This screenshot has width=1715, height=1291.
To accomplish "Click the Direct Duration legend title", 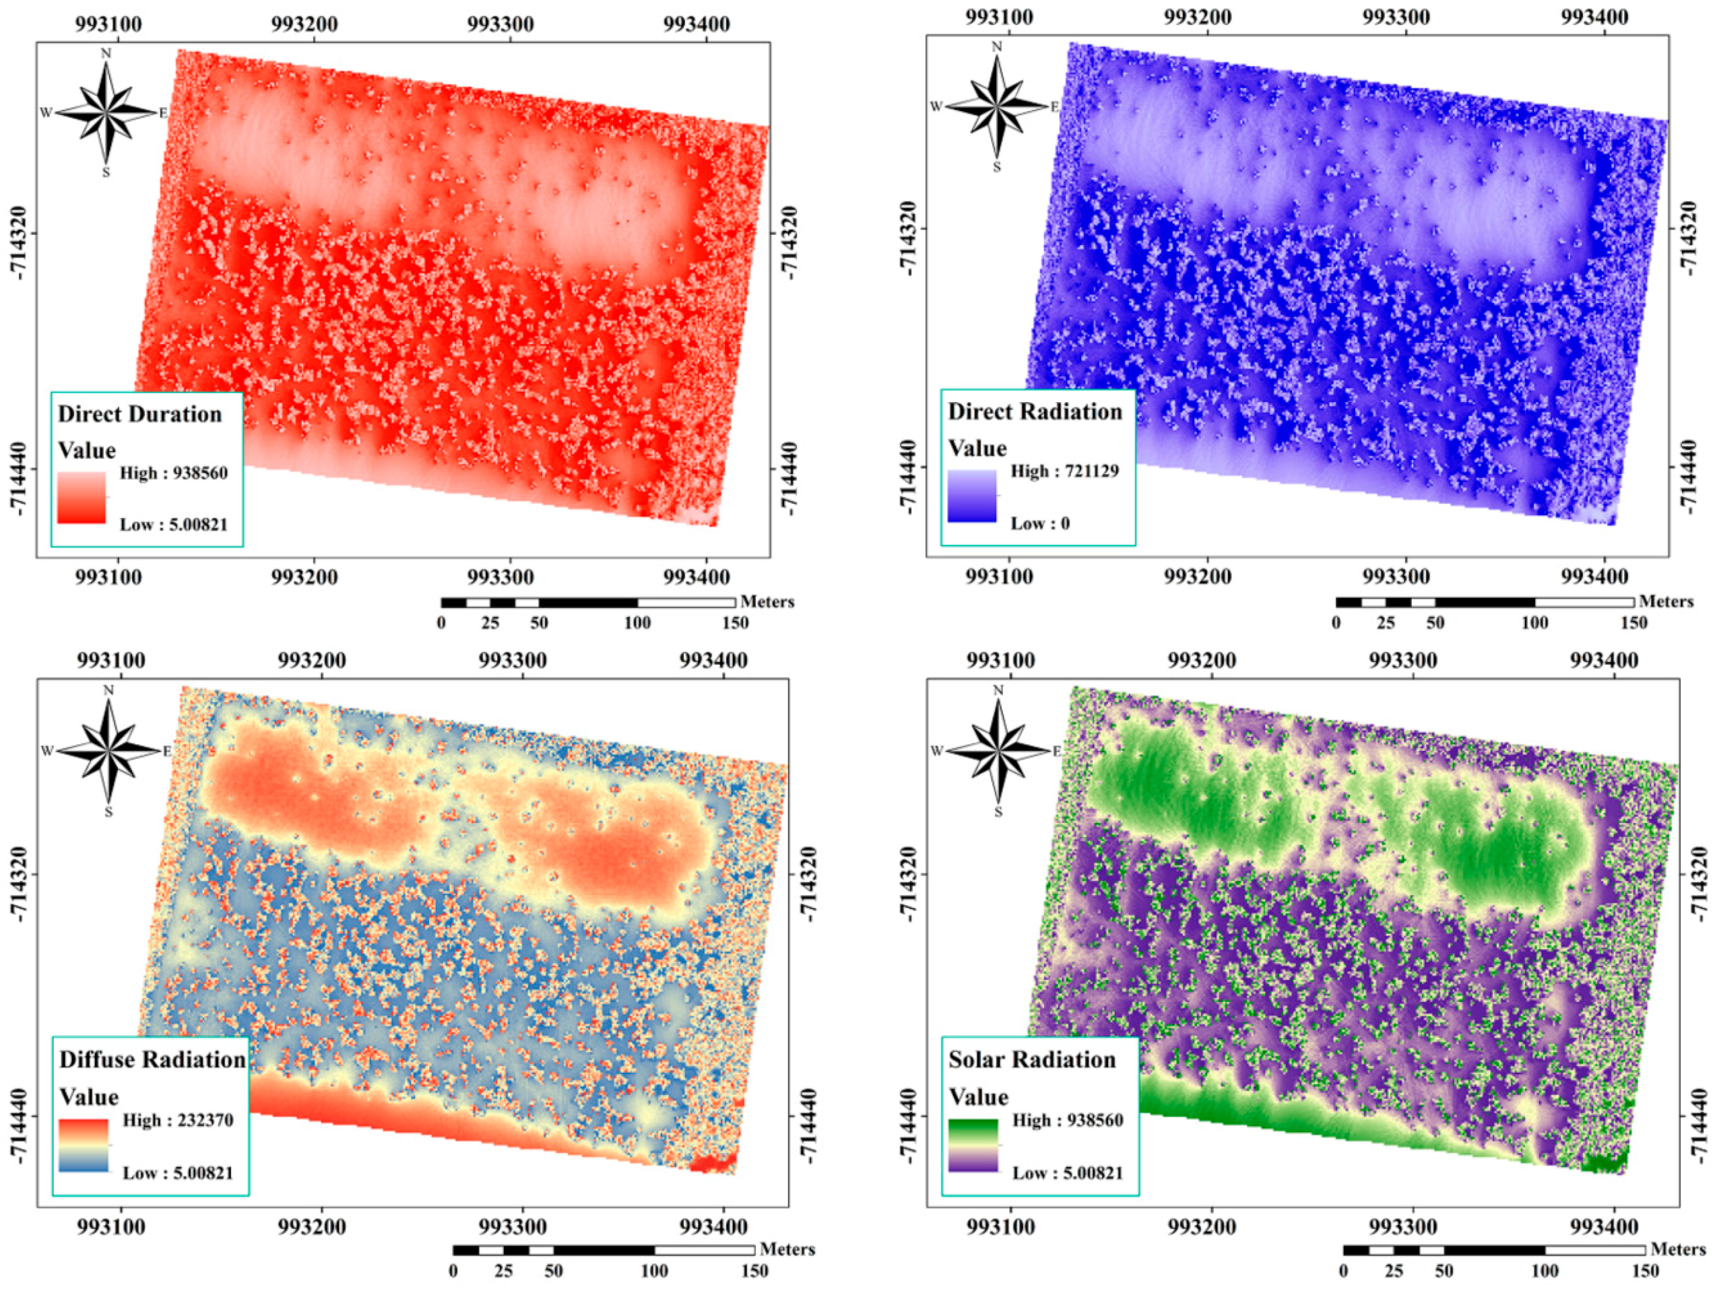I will pos(139,413).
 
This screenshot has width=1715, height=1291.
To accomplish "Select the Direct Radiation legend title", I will pos(1034,411).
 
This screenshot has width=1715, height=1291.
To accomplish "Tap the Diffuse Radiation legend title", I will pos(152,1059).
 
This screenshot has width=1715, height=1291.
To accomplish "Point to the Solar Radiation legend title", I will pos(1031,1059).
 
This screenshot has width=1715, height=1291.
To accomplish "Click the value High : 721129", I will pos(1064,471).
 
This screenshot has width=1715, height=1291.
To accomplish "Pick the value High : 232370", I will pos(178,1120).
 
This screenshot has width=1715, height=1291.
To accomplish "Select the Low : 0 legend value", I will pos(1039,523).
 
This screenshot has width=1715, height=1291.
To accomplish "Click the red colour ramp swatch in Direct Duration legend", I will pos(82,498).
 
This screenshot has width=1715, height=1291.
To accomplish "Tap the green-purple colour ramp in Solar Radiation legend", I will pos(972,1145).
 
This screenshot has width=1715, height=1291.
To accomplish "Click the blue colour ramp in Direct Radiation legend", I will pos(971,496).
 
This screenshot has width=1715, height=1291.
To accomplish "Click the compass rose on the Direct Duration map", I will pos(107,112).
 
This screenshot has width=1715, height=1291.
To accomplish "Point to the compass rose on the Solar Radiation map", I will pos(998,750).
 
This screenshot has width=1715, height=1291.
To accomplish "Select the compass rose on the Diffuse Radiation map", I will pos(108,750).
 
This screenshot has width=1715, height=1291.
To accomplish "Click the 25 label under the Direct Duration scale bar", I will pos(490,623).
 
